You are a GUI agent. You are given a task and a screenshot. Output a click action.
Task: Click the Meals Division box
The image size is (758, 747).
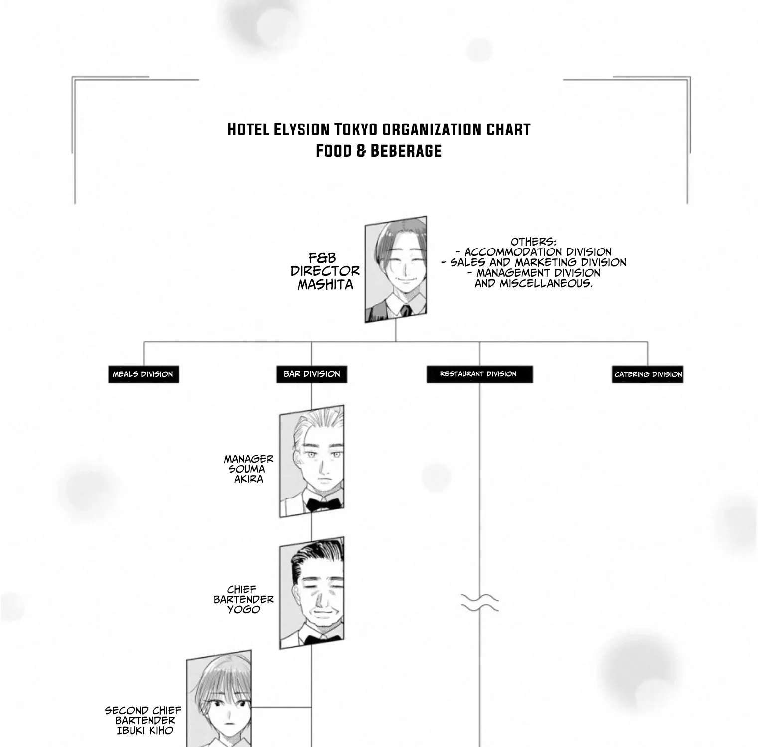[144, 374]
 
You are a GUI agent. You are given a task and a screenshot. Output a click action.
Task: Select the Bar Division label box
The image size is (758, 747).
[311, 374]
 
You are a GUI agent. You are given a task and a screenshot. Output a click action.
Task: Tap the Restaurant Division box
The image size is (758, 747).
[479, 374]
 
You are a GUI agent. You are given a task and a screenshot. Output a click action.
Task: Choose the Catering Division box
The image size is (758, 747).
[648, 374]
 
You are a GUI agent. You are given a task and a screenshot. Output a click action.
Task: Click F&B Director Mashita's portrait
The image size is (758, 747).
[396, 269]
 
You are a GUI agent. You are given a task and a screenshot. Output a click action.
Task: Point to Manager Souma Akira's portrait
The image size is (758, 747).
[312, 461]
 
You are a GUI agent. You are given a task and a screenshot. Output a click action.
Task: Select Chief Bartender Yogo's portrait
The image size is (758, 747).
[312, 593]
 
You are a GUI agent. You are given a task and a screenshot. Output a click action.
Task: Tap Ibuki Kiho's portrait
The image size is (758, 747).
[219, 699]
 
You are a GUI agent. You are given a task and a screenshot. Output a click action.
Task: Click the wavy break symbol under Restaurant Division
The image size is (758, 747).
[479, 602]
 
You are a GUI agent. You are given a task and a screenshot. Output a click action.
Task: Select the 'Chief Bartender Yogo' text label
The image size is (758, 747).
[244, 600]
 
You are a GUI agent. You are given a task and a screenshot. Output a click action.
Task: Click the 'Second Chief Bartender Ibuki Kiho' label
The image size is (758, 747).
[144, 721]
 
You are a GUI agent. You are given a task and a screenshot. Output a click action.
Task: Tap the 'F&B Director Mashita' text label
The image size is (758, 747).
[325, 271]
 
